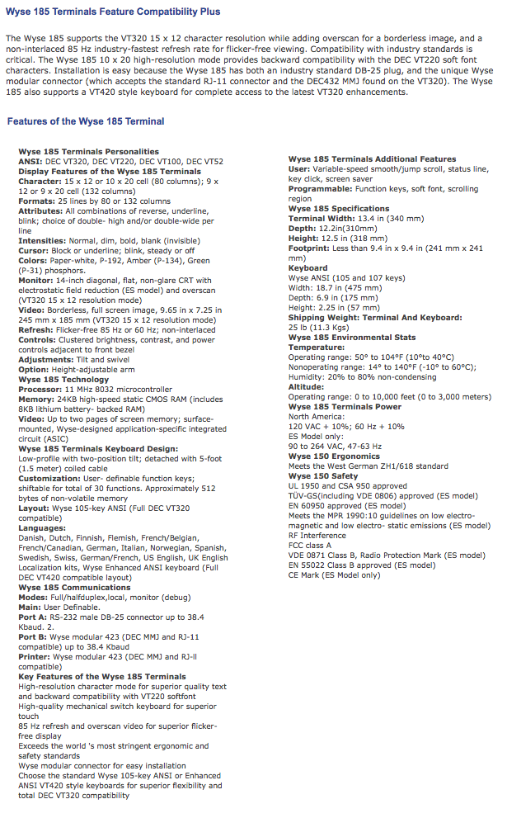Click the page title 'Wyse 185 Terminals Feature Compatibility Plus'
pyautogui.click(x=113, y=12)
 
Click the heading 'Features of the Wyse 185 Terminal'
pyautogui.click(x=86, y=121)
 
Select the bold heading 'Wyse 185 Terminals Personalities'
pyautogui.click(x=89, y=152)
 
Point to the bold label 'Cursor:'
pyautogui.click(x=34, y=251)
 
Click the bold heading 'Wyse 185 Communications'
pyautogui.click(x=75, y=587)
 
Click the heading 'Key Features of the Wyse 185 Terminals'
pyautogui.click(x=102, y=677)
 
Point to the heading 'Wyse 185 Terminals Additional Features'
pyautogui.click(x=372, y=159)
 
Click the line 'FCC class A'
pyautogui.click(x=310, y=545)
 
